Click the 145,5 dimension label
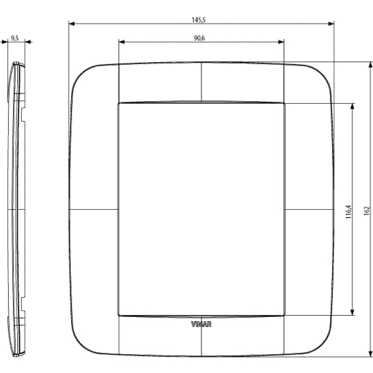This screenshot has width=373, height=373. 199,20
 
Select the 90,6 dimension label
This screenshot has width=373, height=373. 199,38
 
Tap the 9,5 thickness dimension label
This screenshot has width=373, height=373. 15,38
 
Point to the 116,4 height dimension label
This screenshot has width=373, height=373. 348,212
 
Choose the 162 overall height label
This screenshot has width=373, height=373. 367,211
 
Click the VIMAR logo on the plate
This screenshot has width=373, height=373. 202,324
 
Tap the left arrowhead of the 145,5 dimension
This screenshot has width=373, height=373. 72,23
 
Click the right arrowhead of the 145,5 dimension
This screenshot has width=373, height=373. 331,23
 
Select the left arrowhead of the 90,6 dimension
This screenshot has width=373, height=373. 122,42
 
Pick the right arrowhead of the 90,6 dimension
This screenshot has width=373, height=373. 281,42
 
